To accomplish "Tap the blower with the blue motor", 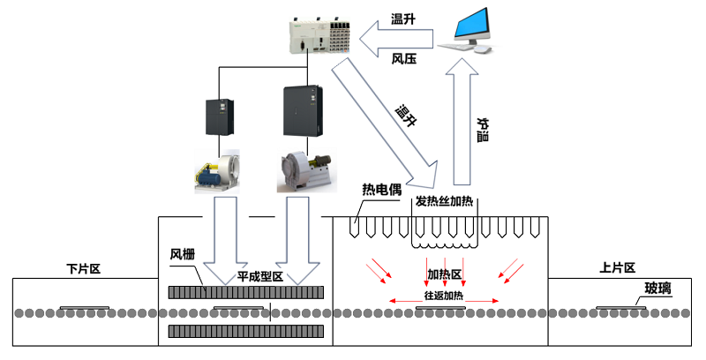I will (220, 170).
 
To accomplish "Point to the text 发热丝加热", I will (445, 201).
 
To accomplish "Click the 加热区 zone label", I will (445, 274).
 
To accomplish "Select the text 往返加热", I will (445, 296).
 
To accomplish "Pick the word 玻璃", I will (657, 288).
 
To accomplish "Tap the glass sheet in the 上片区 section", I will (625, 308).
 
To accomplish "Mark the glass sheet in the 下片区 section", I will (84, 309).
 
